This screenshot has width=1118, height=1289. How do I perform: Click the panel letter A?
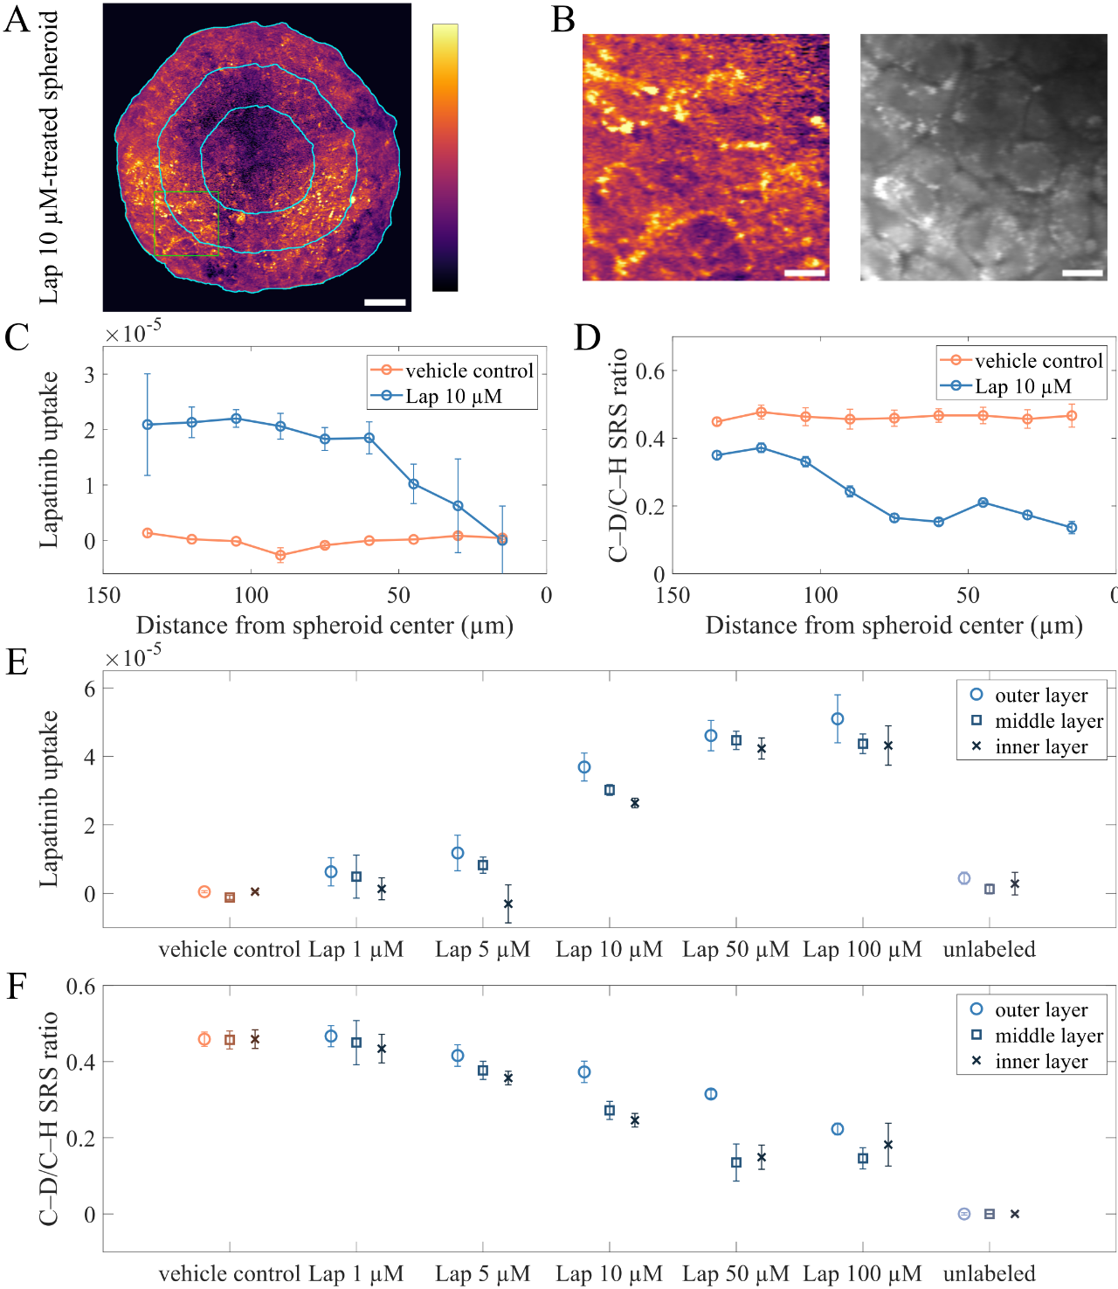[17, 19]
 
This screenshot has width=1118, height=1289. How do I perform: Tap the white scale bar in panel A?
[384, 302]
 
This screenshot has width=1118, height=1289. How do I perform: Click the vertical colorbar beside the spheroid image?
[445, 157]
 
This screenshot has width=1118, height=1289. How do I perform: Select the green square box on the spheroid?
[186, 224]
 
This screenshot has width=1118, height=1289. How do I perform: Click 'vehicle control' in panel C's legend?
[469, 371]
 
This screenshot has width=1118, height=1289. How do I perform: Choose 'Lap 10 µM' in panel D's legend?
[1023, 386]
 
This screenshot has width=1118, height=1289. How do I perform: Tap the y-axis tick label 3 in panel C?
[89, 375]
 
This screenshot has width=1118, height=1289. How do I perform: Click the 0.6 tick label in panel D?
[650, 371]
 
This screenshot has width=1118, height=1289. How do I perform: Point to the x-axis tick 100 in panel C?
[252, 595]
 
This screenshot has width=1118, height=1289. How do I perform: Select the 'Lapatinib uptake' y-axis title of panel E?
[48, 799]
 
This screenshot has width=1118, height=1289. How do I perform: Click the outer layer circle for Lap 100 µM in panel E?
[837, 719]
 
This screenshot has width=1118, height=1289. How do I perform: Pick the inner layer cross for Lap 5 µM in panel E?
[508, 904]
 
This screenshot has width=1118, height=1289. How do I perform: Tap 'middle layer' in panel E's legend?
[1048, 721]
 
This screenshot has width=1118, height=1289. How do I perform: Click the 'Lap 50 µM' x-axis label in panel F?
[735, 1273]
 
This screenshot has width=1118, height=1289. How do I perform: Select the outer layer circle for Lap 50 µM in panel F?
[710, 1094]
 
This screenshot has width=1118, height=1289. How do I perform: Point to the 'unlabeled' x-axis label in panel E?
[989, 949]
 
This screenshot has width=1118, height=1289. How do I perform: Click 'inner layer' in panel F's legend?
[1040, 1062]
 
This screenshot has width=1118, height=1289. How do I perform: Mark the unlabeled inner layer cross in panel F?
[1014, 1213]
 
